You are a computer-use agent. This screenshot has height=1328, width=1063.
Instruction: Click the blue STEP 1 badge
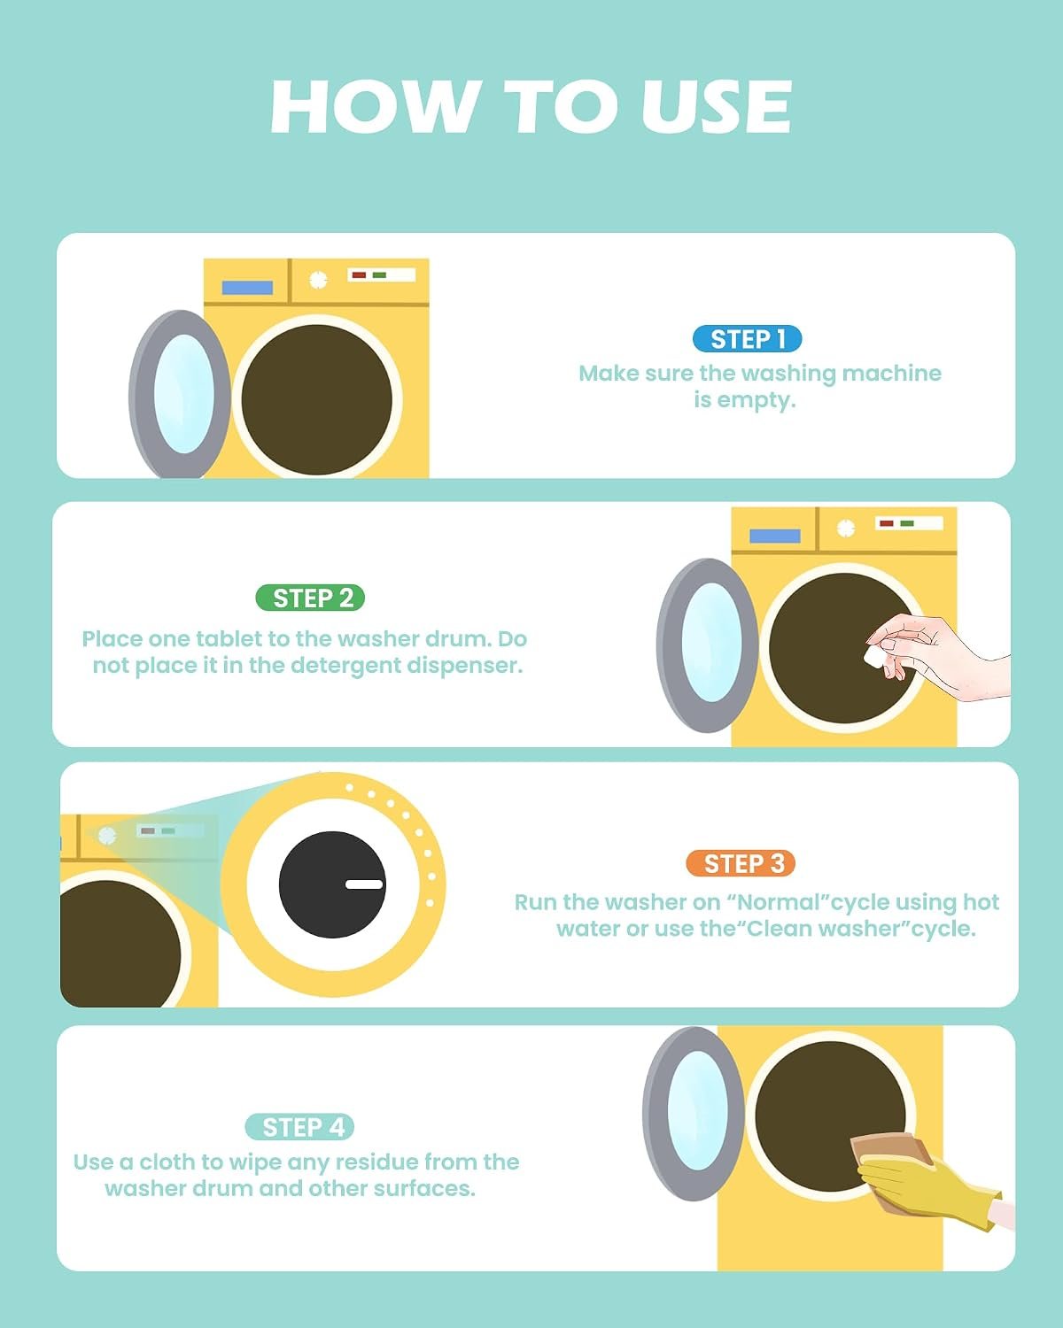pos(748,339)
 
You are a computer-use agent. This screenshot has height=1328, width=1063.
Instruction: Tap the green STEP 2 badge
pos(310,598)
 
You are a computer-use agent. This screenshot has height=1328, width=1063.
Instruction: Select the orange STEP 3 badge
pos(741,862)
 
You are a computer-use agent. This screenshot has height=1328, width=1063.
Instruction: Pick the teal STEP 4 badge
pos(299,1127)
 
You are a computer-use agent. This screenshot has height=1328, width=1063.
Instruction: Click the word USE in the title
pos(716,107)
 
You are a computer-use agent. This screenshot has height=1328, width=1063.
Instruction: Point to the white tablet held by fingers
pos(875,656)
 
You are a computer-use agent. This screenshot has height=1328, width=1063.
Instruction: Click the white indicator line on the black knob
pos(364,884)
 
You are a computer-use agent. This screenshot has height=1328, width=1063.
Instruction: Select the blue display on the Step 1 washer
pos(247,288)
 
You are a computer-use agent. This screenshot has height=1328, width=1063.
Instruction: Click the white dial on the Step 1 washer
pos(318,280)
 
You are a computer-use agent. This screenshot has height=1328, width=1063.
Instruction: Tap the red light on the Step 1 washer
pos(359,274)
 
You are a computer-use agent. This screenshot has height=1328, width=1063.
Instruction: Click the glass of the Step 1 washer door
pos(183,394)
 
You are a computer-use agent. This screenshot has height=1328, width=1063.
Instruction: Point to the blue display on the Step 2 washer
pos(774,536)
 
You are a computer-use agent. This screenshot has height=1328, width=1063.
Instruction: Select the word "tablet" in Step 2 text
pos(229,638)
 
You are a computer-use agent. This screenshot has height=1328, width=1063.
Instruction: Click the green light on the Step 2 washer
pos(907,523)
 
